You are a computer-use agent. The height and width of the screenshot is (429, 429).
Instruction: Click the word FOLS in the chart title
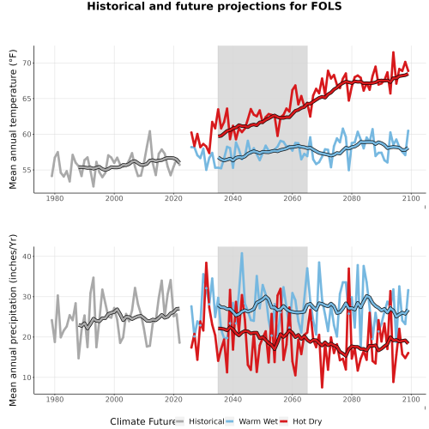(326, 6)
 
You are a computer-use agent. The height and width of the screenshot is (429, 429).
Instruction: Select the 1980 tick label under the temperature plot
(55, 198)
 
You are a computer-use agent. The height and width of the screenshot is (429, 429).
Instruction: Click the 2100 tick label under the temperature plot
(411, 198)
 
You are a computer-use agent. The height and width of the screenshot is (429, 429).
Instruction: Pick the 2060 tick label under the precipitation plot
(293, 399)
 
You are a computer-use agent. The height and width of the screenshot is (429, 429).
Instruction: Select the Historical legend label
(207, 421)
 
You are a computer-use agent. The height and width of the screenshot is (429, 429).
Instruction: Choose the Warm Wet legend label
(258, 421)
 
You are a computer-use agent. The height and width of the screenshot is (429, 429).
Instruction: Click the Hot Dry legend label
(307, 421)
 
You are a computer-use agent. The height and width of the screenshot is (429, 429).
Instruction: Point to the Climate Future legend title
(142, 421)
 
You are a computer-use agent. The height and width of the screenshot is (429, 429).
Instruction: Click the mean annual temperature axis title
(13, 119)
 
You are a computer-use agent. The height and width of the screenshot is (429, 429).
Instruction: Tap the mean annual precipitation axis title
(13, 320)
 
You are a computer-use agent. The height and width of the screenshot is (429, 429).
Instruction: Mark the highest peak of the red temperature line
(393, 52)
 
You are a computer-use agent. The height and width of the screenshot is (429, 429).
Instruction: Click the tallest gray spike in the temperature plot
(149, 131)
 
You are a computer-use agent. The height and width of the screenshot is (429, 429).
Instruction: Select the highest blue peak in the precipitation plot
(242, 253)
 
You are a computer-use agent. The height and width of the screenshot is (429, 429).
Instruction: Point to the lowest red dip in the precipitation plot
(322, 387)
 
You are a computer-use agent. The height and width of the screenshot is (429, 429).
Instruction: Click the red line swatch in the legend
(283, 421)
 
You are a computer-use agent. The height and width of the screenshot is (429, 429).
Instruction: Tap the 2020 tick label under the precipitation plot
(173, 399)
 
